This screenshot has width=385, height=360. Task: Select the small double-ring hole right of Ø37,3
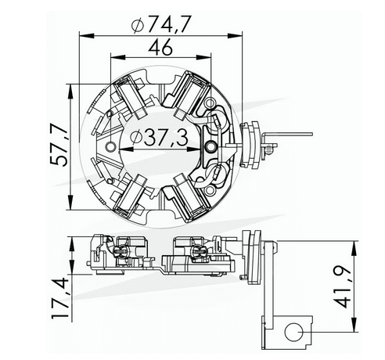(x=209, y=146)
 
